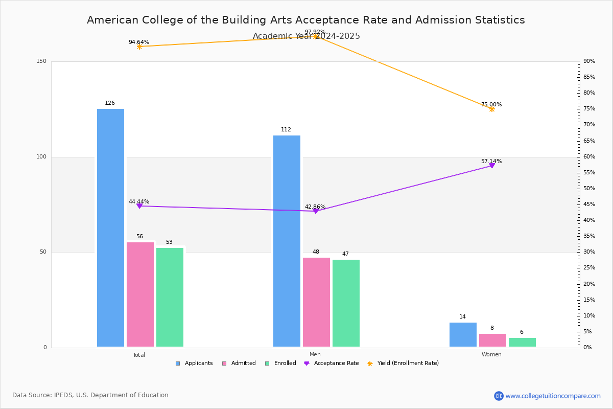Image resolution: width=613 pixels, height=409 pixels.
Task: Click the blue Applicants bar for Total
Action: [x=110, y=228]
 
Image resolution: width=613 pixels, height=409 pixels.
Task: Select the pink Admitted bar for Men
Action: [x=316, y=302]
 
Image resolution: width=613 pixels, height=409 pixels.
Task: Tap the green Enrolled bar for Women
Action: [x=522, y=342]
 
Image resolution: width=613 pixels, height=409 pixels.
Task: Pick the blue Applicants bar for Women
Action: [x=463, y=335]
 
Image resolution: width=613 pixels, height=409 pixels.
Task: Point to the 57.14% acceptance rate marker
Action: [x=492, y=166]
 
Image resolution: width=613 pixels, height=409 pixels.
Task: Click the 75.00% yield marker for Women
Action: [x=492, y=109]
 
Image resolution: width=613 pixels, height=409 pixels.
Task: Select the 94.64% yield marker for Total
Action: [x=139, y=47]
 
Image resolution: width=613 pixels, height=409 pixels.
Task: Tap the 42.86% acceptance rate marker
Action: [x=316, y=211]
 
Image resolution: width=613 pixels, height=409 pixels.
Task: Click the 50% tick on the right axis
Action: [x=589, y=189]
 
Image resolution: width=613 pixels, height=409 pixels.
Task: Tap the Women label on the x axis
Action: [x=491, y=355]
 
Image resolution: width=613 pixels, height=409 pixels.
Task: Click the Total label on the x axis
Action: [x=139, y=355]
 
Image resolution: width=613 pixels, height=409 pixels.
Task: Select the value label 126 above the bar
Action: [x=110, y=103]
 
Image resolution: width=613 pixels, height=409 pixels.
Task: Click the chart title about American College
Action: [x=305, y=20]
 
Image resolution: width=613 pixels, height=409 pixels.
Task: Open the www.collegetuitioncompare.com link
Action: [x=553, y=396]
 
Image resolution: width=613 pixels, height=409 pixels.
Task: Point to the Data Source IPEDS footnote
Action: [x=90, y=395]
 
